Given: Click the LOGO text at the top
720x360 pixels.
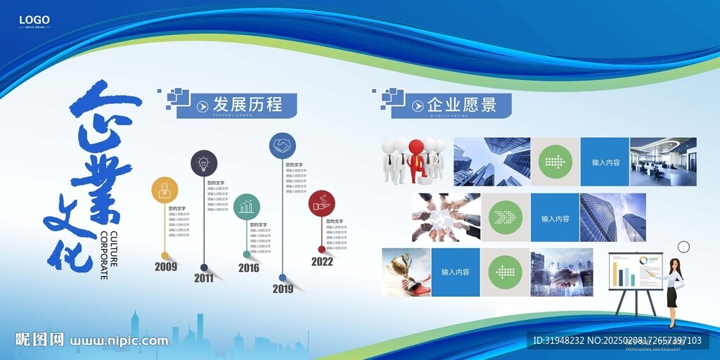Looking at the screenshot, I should [x=33, y=20].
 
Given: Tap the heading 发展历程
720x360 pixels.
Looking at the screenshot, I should [x=247, y=105].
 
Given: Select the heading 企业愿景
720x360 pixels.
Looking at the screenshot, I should [x=461, y=105].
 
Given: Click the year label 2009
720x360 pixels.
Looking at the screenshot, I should [x=166, y=266].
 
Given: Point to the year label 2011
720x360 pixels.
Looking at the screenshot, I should [x=204, y=278].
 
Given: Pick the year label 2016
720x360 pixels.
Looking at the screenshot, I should [x=248, y=268].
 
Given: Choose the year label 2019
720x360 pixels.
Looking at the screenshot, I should [x=283, y=288].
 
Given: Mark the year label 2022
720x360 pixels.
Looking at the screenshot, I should [x=322, y=262].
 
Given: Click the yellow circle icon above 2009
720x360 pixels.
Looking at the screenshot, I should [x=165, y=190].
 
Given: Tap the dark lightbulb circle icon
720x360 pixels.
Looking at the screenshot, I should [x=204, y=163].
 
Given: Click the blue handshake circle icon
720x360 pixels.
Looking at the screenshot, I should [x=283, y=146].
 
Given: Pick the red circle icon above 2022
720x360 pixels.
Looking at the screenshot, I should [x=321, y=204].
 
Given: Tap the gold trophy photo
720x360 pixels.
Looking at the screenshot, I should [x=405, y=271].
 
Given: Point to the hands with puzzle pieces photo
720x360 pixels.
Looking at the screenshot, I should [x=446, y=217].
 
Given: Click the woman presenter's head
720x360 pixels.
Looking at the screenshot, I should [x=675, y=265].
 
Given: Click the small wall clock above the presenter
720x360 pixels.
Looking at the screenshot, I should [x=683, y=247].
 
